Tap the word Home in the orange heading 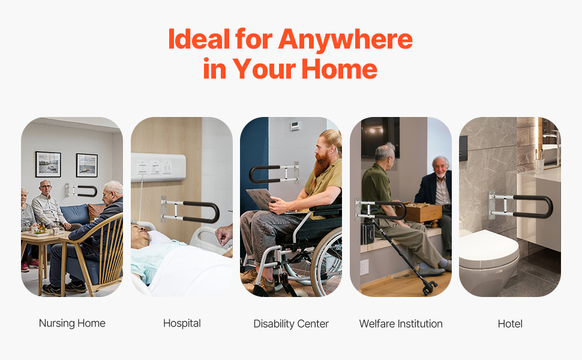(x=339, y=68)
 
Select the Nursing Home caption (x=72, y=323)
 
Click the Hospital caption (x=182, y=323)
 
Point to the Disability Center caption (x=291, y=323)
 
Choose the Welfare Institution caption (x=401, y=323)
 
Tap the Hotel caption (x=510, y=324)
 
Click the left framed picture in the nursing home (x=48, y=164)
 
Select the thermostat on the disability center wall (x=295, y=126)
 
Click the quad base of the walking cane (x=430, y=288)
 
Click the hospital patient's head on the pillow (x=140, y=236)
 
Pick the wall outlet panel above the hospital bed (x=158, y=167)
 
